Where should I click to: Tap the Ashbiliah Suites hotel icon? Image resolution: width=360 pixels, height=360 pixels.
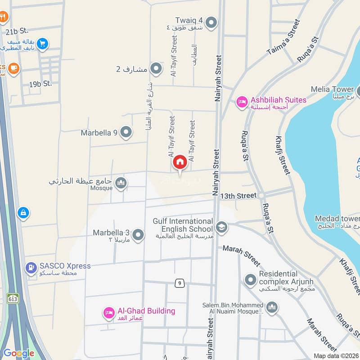(x=243, y=102)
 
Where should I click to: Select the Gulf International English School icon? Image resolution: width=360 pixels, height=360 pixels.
(x=221, y=227)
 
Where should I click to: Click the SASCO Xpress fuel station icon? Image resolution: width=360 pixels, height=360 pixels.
(x=31, y=269)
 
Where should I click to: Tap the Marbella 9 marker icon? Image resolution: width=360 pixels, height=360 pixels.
(x=127, y=132)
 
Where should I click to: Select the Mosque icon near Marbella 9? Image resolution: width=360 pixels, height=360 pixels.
(x=121, y=183)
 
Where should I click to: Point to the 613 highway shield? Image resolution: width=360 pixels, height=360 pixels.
(x=13, y=297)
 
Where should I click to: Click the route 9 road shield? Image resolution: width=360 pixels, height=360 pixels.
(x=180, y=283)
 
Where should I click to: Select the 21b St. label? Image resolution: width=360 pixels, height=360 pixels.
(x=17, y=31)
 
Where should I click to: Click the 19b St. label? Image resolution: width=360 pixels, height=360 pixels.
(x=40, y=84)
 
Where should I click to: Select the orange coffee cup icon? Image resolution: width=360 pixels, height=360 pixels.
(x=13, y=68)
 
